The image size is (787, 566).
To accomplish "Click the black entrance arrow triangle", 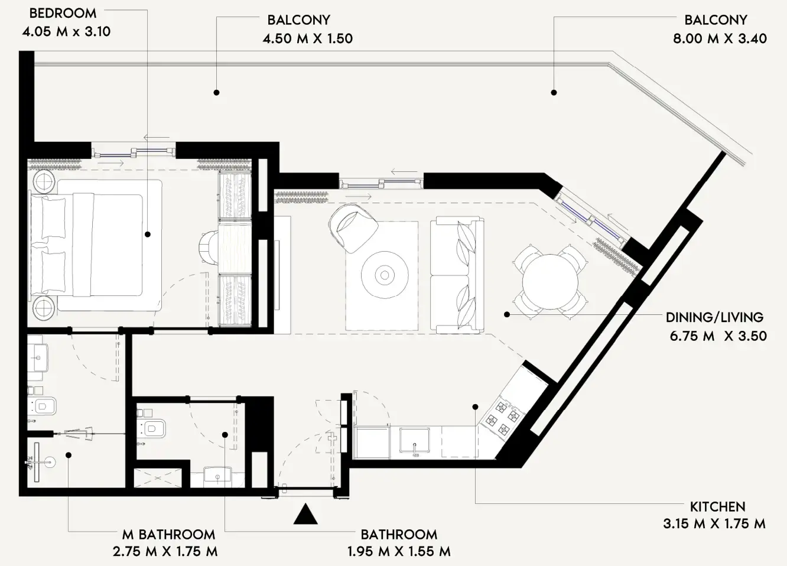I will click(305, 515).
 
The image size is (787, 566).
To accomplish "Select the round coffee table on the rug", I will click(385, 275).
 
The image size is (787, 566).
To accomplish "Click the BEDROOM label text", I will click(63, 13).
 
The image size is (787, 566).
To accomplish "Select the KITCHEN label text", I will click(717, 507).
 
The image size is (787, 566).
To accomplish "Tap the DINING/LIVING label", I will click(714, 317).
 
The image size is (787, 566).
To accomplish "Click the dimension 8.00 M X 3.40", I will click(720, 38).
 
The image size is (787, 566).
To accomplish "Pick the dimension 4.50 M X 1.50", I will click(307, 38).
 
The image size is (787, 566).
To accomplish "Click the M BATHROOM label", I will click(168, 535).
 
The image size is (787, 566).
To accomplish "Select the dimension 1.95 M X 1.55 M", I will click(399, 552).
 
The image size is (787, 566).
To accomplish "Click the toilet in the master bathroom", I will click(43, 406).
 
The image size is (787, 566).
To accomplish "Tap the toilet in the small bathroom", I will click(154, 429).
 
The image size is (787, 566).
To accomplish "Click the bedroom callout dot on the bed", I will click(147, 235).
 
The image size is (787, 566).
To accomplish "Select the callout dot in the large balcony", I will click(554, 92).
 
